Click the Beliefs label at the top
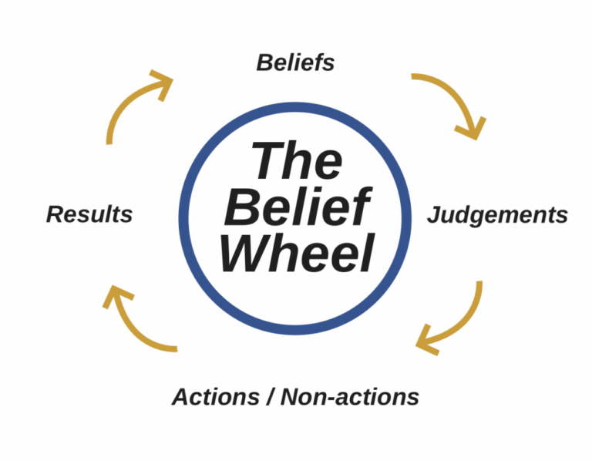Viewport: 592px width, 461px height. click(x=295, y=62)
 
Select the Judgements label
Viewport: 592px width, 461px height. click(x=497, y=214)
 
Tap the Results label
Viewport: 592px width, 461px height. click(x=89, y=214)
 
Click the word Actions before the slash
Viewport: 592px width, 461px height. click(x=217, y=397)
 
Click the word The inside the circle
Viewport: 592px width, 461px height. click(x=297, y=161)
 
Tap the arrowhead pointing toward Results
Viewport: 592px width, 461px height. click(x=116, y=297)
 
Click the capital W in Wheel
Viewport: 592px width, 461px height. click(x=245, y=253)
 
